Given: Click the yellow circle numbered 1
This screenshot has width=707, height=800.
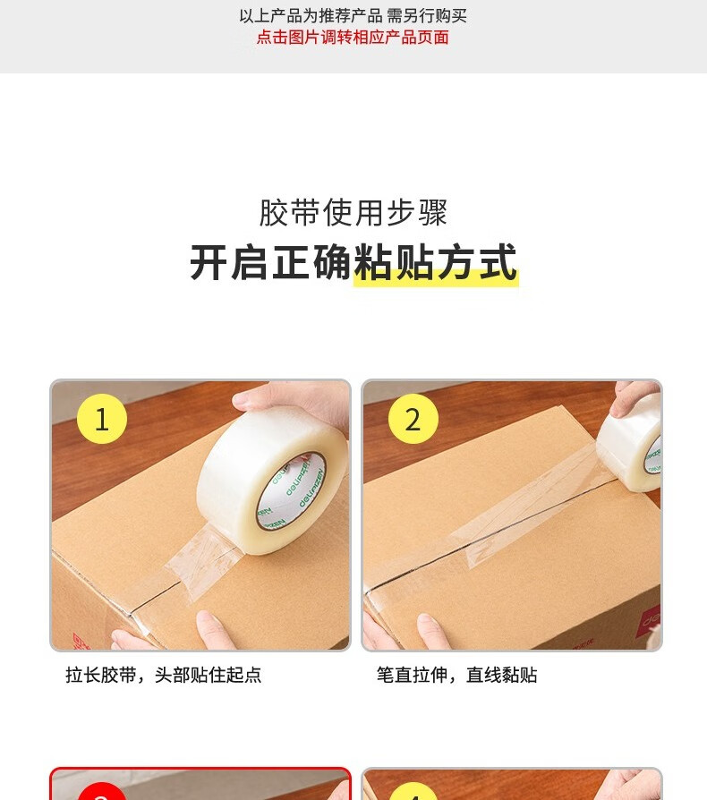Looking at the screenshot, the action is [101, 419].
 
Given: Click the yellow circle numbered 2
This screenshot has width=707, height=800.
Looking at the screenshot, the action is [413, 419].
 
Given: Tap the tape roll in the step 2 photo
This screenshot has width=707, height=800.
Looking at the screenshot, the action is [631, 444].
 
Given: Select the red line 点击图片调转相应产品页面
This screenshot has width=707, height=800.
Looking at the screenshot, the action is [353, 38].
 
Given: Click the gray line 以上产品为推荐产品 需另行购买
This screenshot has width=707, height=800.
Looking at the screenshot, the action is [353, 16].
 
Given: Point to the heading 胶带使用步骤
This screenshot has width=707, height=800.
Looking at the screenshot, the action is [353, 212].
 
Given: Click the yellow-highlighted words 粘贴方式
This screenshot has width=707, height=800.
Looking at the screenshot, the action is [436, 262].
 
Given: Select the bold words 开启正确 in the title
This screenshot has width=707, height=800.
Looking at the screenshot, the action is [271, 262].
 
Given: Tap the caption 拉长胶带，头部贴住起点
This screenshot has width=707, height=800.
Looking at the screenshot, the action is [163, 675].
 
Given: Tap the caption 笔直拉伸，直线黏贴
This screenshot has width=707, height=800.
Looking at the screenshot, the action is [457, 675].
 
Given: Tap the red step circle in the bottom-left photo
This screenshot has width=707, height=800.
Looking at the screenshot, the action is [101, 791].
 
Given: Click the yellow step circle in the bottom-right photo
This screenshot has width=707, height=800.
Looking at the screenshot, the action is [413, 791].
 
